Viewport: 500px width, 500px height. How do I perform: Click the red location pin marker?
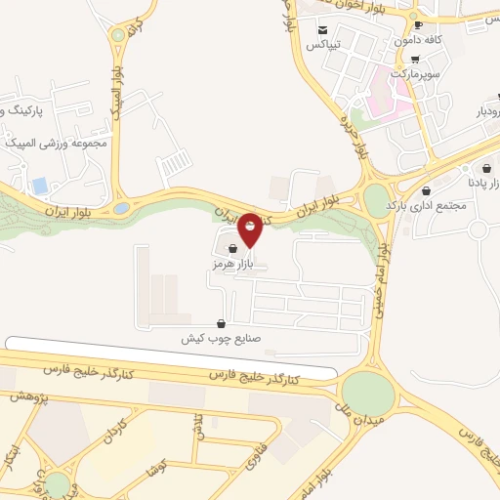[x=250, y=229]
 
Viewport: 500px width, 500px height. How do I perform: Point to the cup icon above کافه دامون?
[x=418, y=25]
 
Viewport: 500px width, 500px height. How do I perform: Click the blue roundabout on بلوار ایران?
[x=121, y=208]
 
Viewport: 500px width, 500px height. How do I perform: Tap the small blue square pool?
[x=39, y=185]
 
